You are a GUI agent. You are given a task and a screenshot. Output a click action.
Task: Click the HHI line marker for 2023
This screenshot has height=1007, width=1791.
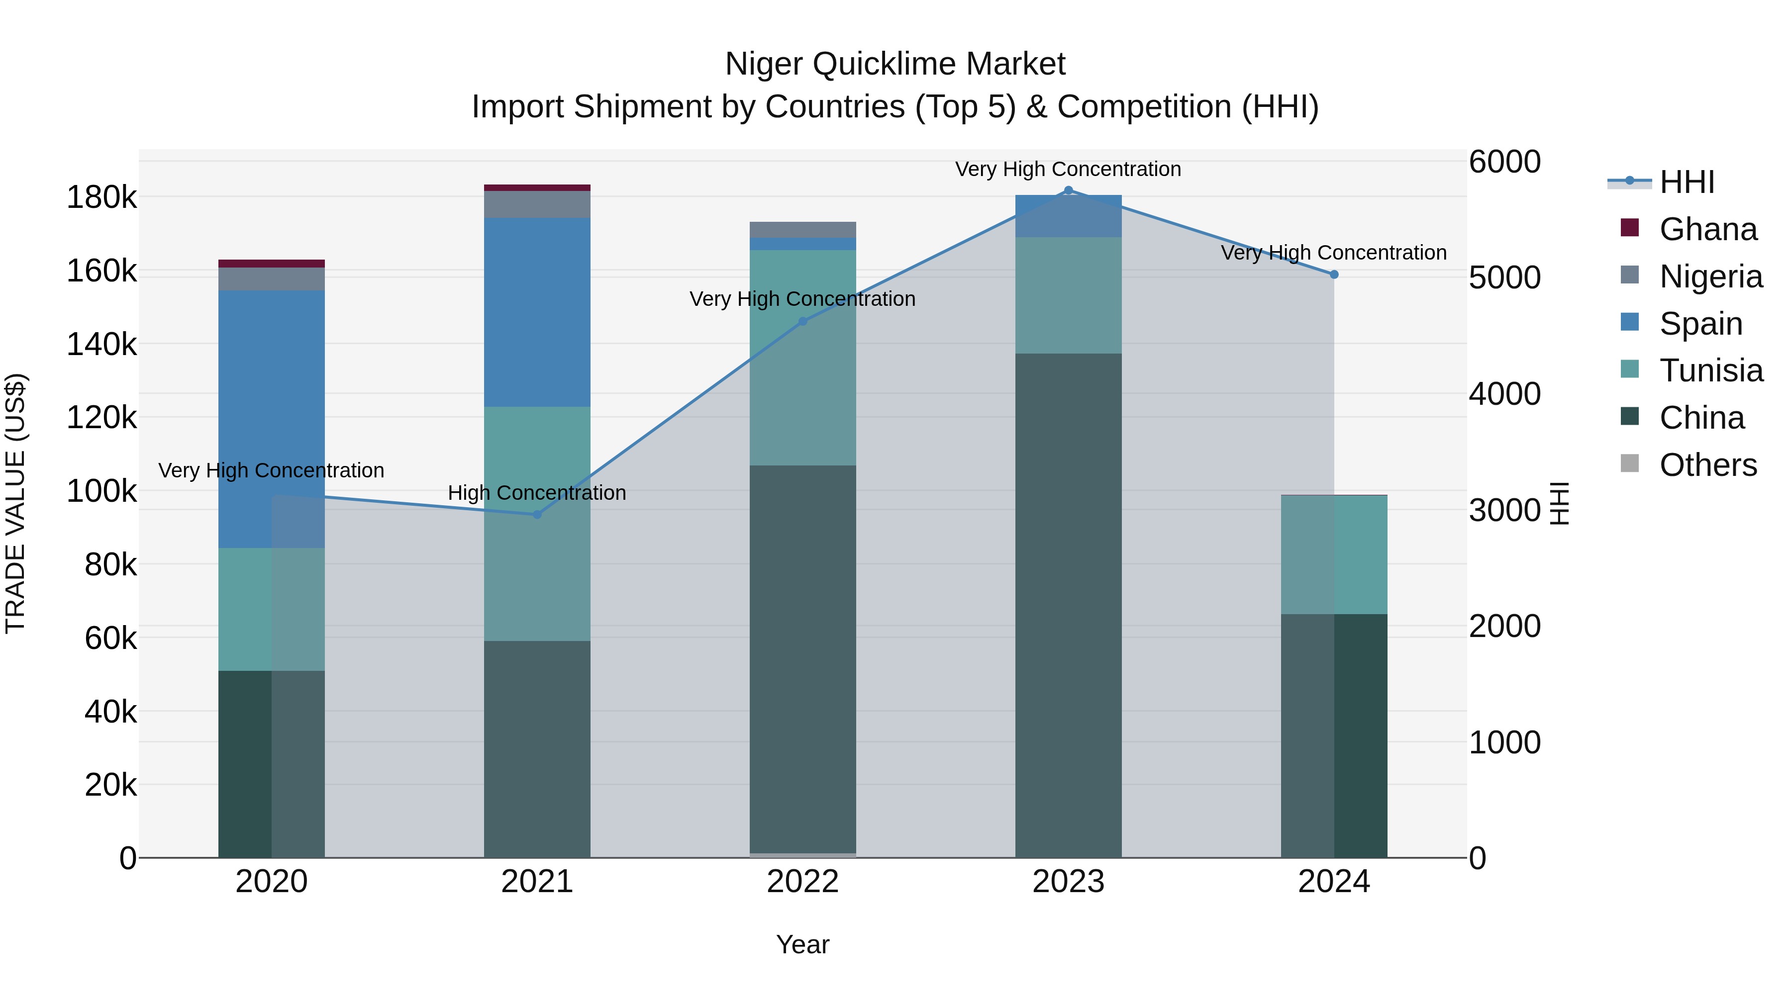pos(1069,190)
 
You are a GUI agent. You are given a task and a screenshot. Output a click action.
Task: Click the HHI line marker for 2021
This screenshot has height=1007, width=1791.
pos(537,514)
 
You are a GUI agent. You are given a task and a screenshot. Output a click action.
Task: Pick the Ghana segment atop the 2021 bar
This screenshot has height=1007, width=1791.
pos(537,187)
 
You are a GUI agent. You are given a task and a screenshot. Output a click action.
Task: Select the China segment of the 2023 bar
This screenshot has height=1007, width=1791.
pos(1069,605)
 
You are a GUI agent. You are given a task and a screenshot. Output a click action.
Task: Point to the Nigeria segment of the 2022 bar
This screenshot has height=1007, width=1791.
pos(802,230)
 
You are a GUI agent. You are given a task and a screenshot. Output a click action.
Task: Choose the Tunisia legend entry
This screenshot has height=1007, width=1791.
pos(1710,370)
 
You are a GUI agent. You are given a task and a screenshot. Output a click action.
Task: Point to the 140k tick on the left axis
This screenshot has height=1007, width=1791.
pos(101,344)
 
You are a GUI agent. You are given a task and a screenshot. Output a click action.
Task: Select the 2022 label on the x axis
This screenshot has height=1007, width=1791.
pos(802,882)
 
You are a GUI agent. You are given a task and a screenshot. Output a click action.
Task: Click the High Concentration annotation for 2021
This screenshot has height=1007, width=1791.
pos(537,493)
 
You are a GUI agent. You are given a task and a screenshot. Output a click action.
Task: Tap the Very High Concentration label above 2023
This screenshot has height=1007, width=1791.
pos(1068,169)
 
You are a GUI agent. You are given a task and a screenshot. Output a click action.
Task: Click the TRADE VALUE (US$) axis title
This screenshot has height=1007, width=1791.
pos(15,503)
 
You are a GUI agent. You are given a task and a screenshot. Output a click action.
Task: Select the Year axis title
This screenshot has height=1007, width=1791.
pos(802,944)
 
